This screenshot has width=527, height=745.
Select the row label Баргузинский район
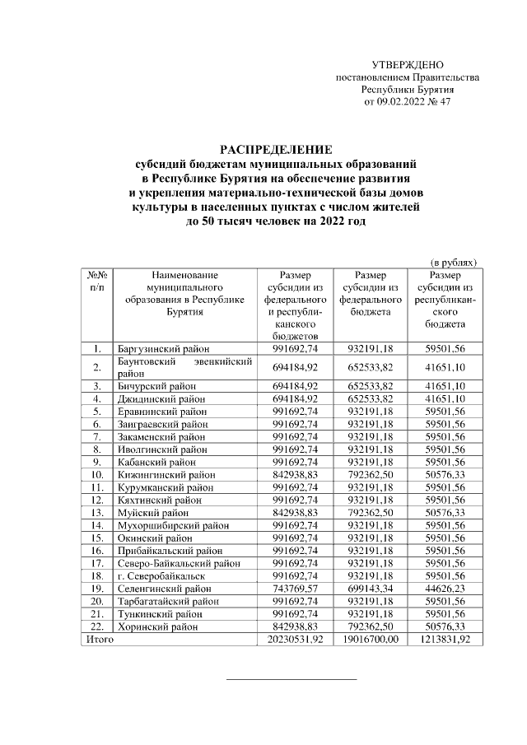162,349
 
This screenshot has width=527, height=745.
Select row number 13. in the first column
97,538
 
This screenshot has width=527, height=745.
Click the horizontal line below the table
291,679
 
